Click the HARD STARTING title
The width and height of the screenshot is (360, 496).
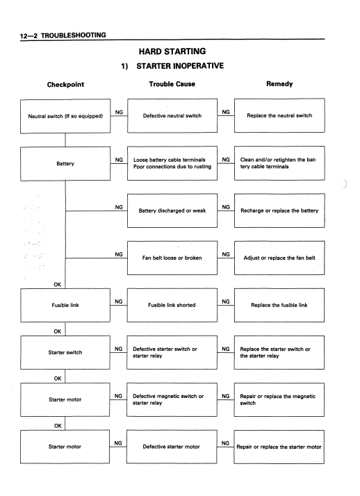tap(172, 51)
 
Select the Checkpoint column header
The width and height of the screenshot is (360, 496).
tap(65, 85)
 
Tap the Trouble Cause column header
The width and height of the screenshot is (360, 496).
tap(172, 84)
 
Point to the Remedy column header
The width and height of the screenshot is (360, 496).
tap(279, 84)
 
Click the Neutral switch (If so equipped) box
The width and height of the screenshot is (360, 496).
tap(65, 116)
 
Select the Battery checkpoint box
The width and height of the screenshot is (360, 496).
tap(65, 163)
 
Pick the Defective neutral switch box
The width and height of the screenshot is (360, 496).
tap(172, 115)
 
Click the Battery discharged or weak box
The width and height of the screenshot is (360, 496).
tap(172, 210)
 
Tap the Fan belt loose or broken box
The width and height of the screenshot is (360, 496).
tap(172, 258)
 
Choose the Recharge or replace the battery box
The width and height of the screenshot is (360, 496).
tap(279, 210)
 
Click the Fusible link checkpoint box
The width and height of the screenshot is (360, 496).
tap(65, 305)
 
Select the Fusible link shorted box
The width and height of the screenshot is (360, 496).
tap(172, 305)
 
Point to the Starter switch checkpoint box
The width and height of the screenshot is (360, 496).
tap(65, 352)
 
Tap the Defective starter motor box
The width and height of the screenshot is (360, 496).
tap(172, 447)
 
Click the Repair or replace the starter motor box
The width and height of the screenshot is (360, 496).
tap(279, 447)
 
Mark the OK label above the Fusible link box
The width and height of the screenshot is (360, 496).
tap(57, 284)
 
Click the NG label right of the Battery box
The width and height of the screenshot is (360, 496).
tap(119, 160)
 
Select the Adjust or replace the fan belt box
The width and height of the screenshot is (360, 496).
tap(279, 258)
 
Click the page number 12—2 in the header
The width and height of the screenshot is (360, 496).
tap(28, 35)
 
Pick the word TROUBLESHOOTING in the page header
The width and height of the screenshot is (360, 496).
tap(74, 35)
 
